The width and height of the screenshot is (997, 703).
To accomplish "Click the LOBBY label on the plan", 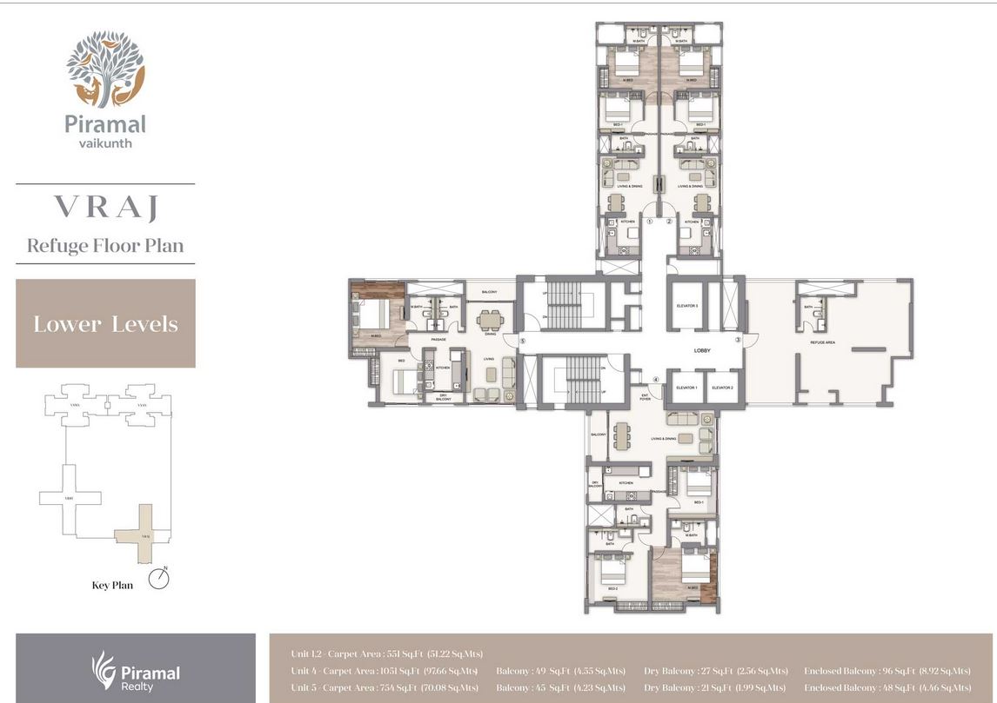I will click(702, 351).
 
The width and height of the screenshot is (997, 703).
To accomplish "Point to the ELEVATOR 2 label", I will click(722, 388).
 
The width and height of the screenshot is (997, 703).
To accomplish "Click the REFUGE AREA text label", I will click(822, 343).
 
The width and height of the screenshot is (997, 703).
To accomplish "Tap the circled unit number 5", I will click(523, 342).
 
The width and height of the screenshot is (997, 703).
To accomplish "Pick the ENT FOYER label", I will click(645, 397).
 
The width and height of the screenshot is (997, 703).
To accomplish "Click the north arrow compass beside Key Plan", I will click(157, 579).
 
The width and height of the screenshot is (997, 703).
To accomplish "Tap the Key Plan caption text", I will click(112, 585).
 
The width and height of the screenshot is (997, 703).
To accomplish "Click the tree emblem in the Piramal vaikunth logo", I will click(105, 69).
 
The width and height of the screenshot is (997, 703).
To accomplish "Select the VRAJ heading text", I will click(104, 207).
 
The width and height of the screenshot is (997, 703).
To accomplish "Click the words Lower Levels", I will click(105, 324).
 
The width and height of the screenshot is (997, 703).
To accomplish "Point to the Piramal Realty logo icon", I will click(104, 670).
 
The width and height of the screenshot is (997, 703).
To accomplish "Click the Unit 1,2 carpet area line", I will click(386, 653).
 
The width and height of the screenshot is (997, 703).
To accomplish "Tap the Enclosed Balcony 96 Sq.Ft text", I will click(887, 671).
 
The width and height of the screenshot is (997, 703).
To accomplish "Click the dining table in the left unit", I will click(490, 319).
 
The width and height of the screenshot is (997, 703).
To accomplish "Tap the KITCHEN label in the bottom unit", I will click(626, 482).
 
